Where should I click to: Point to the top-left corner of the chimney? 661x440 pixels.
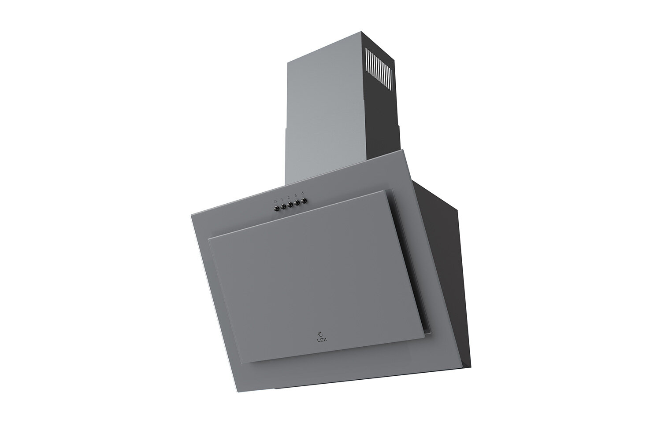tap(287, 62)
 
